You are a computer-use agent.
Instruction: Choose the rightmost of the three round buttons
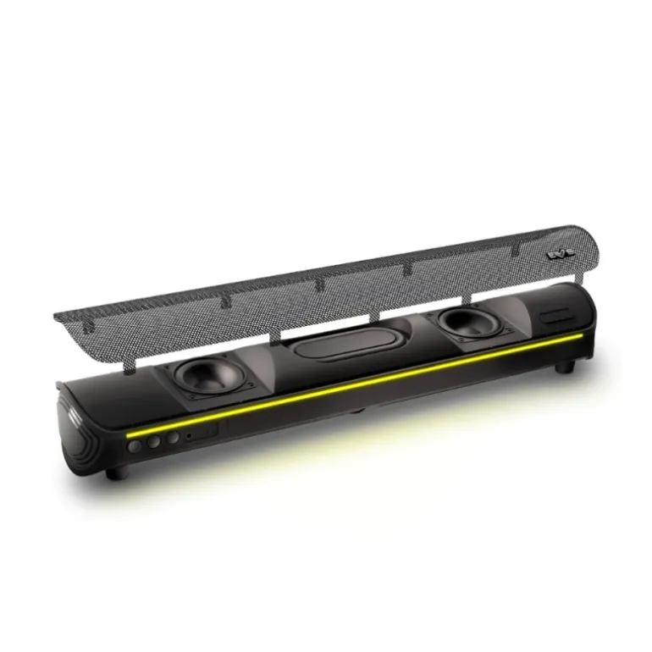point(172,437)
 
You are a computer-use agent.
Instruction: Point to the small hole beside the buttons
point(189,435)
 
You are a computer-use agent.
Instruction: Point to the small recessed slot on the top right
point(557,317)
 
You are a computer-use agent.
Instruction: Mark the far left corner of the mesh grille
point(58,315)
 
